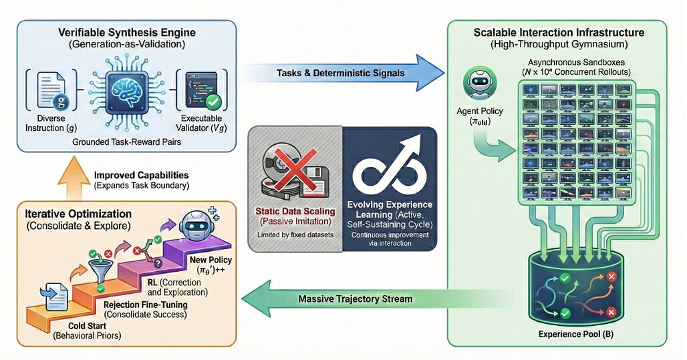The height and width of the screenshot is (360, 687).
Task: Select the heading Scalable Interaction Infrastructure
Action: coord(568,31)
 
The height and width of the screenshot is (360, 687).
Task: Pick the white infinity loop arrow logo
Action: coord(387,164)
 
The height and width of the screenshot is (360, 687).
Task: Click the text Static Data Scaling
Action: coord(294,210)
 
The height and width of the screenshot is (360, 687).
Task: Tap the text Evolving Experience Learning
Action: coord(390,209)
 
